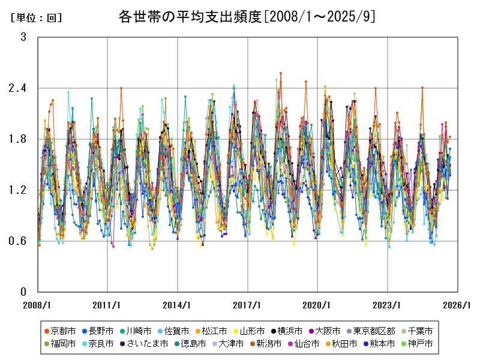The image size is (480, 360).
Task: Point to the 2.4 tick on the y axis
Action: pyautogui.click(x=19, y=88)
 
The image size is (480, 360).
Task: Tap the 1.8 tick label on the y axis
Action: pyautogui.click(x=19, y=139)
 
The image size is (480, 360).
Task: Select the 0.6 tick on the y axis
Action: pyautogui.click(x=19, y=241)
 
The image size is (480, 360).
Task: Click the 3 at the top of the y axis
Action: pyautogui.click(x=23, y=37)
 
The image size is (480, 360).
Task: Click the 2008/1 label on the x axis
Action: pyautogui.click(x=38, y=305)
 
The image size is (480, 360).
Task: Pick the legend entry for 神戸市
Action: pyautogui.click(x=420, y=344)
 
